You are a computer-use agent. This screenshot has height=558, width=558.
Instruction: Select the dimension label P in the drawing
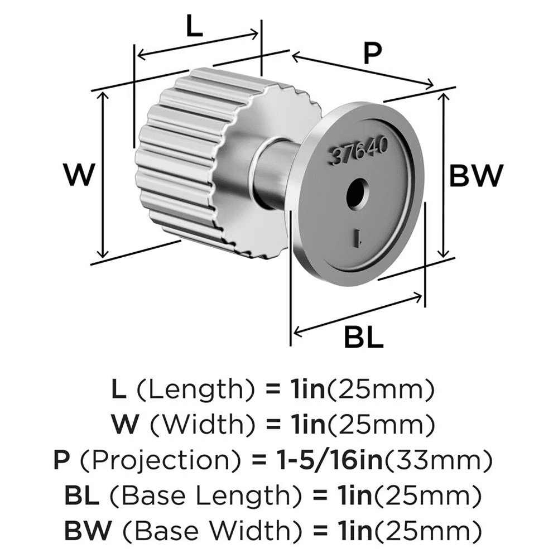(x=371, y=54)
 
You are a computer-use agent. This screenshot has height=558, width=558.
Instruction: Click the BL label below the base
(x=363, y=337)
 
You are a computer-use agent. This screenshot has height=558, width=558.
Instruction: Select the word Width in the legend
(x=184, y=426)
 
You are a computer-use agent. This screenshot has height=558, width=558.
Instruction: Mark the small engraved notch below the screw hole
(x=358, y=240)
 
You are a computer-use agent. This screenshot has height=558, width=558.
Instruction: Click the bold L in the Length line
(x=119, y=389)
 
